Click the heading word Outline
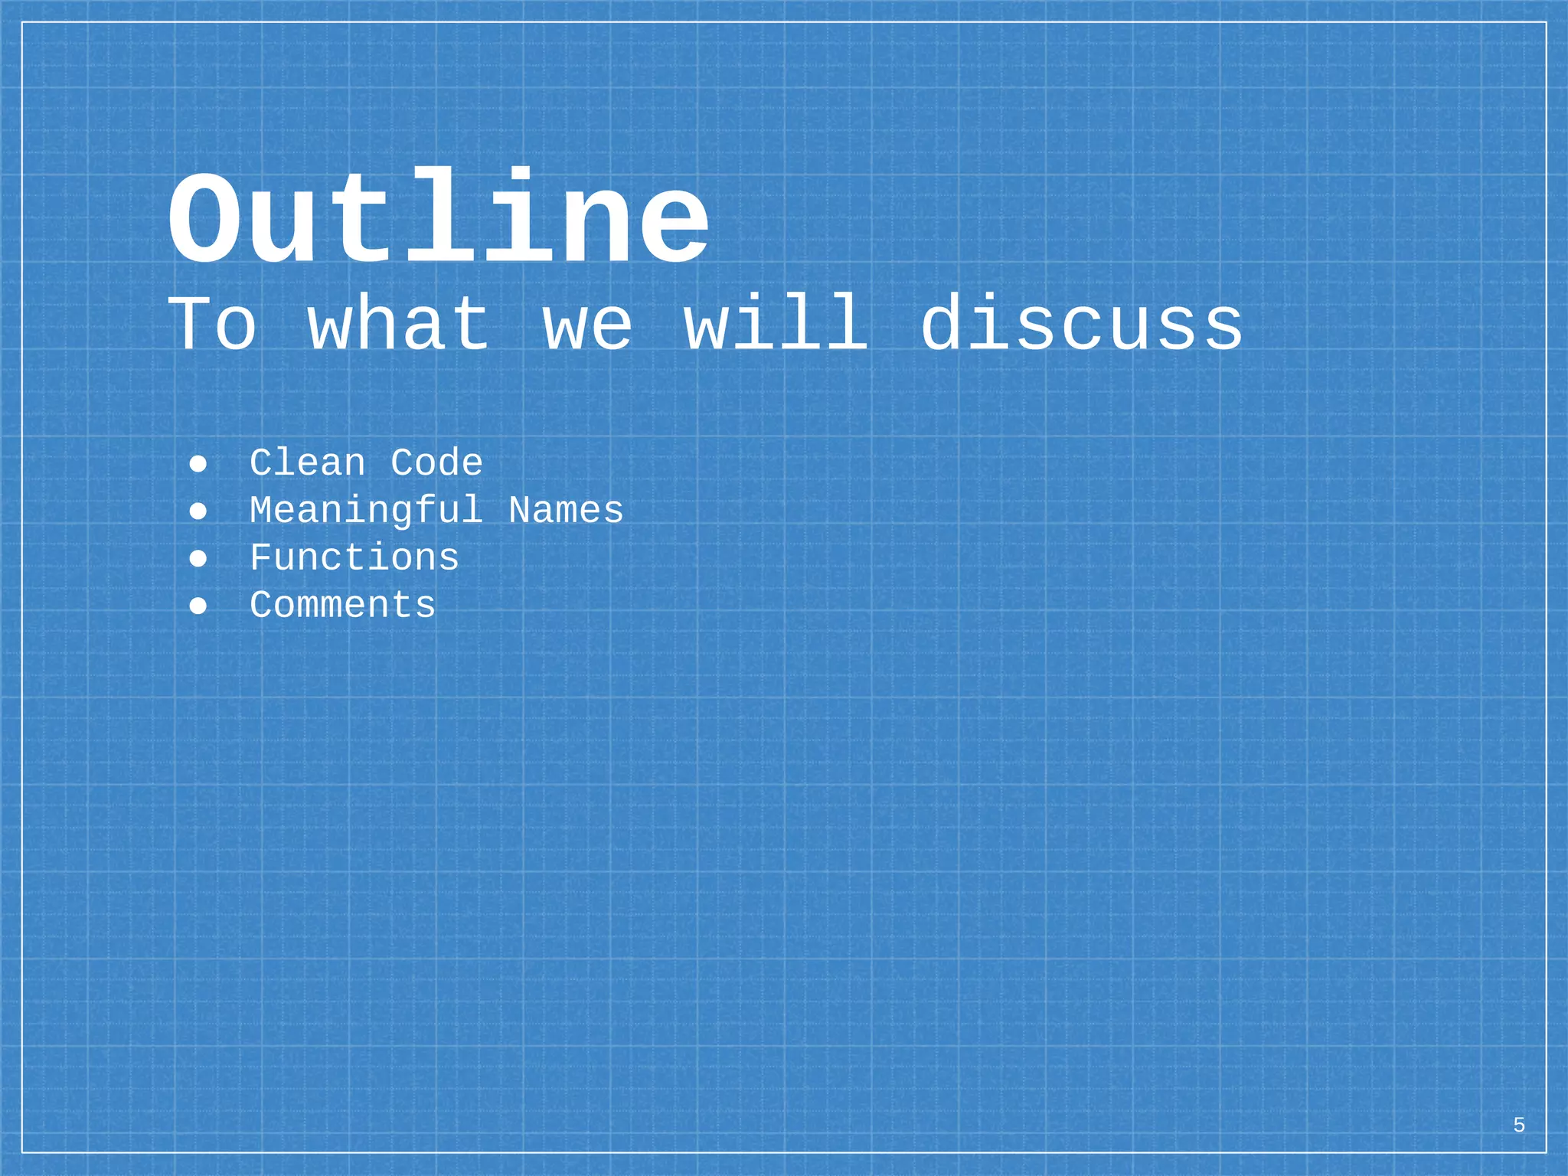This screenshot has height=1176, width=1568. point(438,219)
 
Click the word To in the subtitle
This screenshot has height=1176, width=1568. point(212,325)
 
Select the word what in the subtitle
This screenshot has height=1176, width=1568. point(399,325)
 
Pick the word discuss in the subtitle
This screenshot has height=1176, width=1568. point(1081,325)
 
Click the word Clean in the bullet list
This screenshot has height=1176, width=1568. point(308,463)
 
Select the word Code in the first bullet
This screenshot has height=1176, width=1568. point(436,463)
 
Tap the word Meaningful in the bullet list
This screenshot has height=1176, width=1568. point(366,511)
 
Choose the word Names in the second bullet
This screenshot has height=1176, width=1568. point(566,511)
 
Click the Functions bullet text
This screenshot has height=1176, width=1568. point(354,558)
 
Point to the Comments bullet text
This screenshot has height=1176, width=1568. point(342,606)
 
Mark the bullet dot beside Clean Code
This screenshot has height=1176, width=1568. point(198,464)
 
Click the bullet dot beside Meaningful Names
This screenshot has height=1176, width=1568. point(198,511)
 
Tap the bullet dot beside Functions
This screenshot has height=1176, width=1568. point(198,559)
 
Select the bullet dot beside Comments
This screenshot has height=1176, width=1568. point(198,606)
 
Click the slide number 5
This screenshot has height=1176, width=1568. point(1519,1125)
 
